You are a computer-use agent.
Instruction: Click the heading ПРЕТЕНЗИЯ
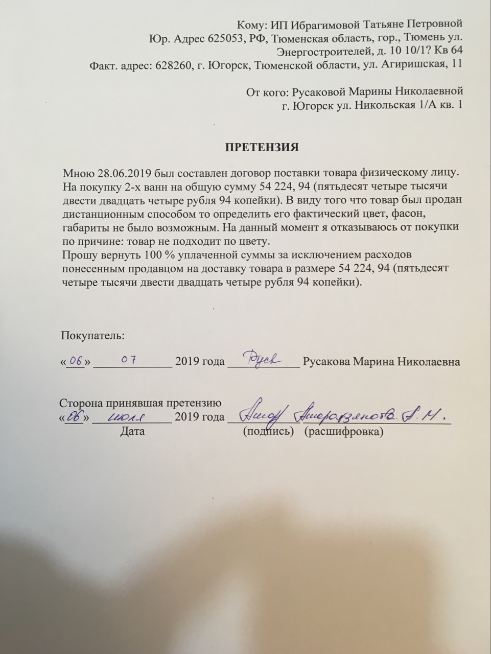click(x=262, y=147)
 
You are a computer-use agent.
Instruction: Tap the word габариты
click(x=84, y=227)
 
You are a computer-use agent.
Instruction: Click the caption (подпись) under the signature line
click(x=268, y=431)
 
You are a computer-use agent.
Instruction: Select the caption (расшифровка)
click(x=343, y=431)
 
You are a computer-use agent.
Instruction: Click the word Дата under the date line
click(x=132, y=431)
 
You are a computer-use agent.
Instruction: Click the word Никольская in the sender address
click(x=378, y=105)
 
